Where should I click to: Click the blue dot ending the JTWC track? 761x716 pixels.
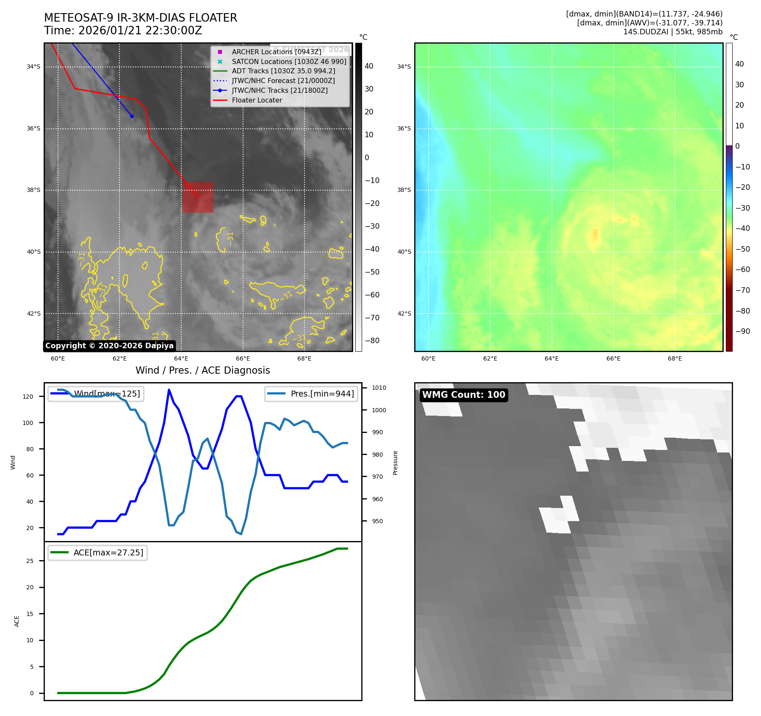coord(132,116)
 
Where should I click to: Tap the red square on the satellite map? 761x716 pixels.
coord(198,197)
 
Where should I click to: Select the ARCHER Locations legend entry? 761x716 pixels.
coord(276,52)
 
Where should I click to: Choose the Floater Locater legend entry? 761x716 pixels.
coord(257,100)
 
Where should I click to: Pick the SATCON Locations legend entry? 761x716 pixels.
coord(289,61)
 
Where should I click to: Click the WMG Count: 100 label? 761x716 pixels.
coord(463,395)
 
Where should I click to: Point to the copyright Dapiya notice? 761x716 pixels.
coord(109,346)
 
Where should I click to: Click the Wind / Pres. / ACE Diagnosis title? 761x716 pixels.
coord(202,370)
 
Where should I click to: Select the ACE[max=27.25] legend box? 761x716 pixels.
coord(98,552)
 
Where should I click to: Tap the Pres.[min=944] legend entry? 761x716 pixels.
coord(312,394)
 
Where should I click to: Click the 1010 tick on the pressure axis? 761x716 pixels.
coord(379,388)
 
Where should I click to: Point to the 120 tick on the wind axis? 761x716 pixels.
coord(28,397)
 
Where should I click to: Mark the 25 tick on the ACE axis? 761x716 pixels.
coord(30,561)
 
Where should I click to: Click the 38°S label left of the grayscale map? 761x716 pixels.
coord(33,190)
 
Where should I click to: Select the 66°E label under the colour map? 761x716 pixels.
coord(613,358)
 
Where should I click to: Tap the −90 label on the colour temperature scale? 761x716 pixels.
coord(742,331)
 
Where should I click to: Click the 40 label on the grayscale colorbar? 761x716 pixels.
coord(369,66)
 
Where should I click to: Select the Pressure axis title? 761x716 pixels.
coord(395,463)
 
